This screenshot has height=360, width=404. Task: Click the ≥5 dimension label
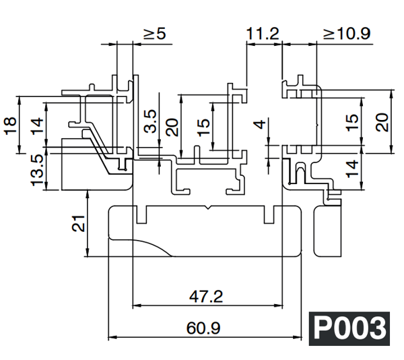pos(154,34)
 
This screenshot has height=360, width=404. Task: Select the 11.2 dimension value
pos(263,34)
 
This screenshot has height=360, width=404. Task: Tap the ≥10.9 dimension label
pos(346,34)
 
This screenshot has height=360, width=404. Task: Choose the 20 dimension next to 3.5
pos(172,127)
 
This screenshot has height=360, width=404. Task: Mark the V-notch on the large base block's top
pos(211,210)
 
